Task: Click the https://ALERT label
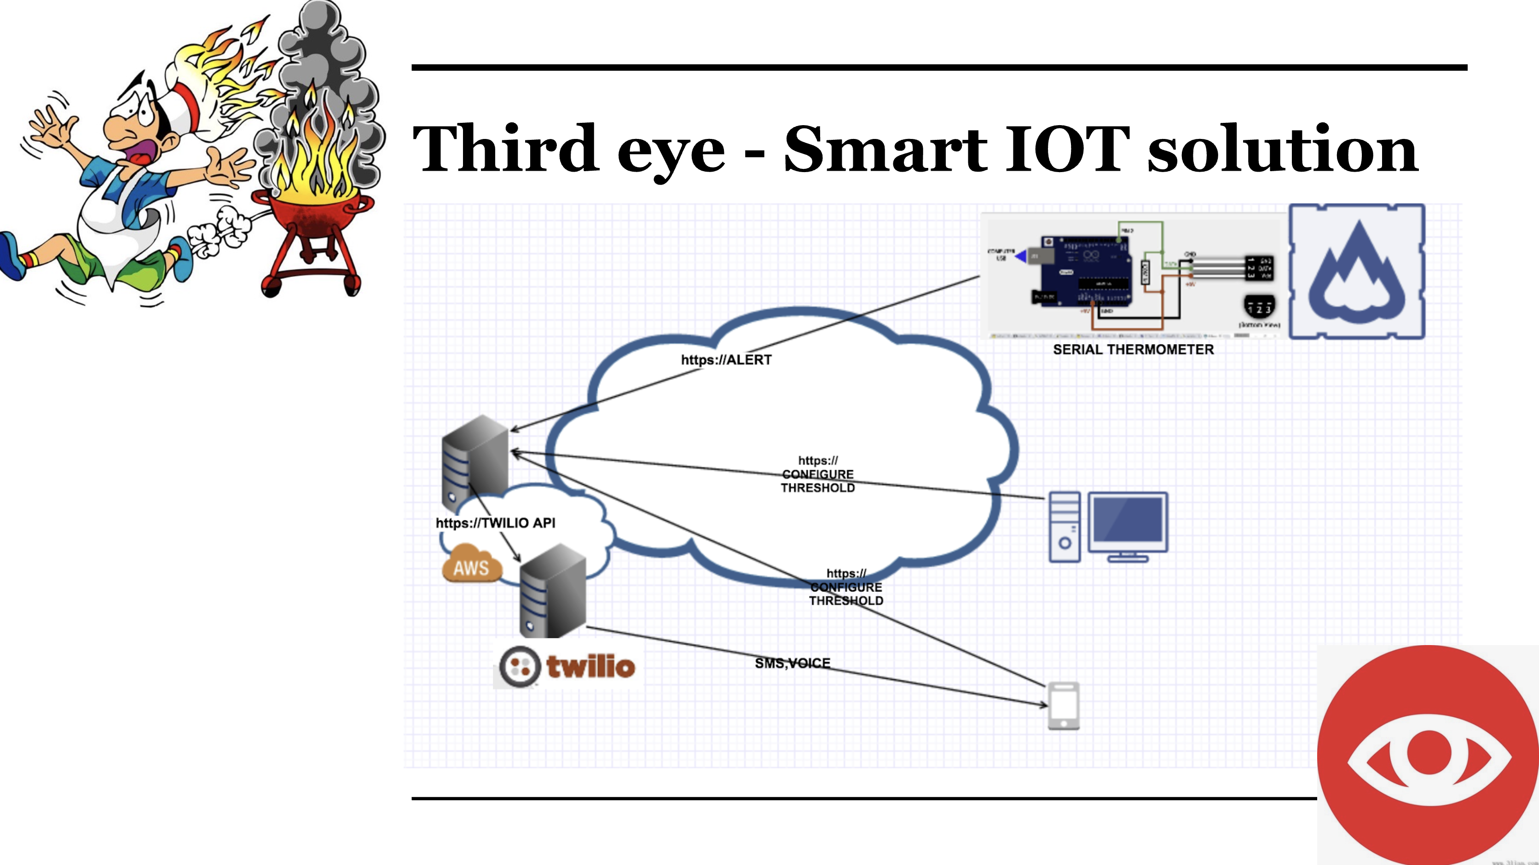[726, 360]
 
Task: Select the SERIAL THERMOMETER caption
[1133, 350]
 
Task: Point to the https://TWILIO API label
[495, 523]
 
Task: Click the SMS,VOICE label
[792, 663]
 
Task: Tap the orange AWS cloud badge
[471, 564]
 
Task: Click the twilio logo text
[590, 666]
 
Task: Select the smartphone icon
[1064, 706]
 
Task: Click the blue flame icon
[1356, 272]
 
